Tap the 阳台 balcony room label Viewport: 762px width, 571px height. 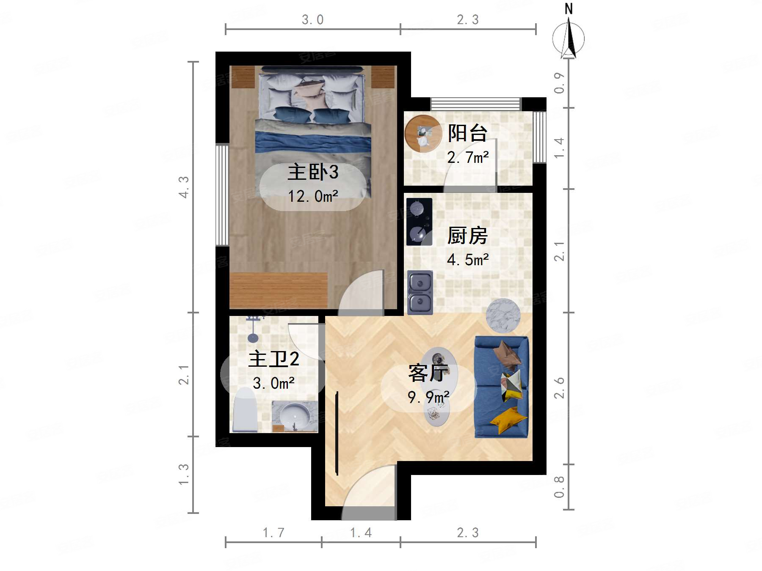click(x=468, y=133)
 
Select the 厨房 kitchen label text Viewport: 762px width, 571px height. click(x=468, y=236)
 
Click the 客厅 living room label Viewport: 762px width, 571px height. click(x=428, y=373)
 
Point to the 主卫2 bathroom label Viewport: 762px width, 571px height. click(x=274, y=359)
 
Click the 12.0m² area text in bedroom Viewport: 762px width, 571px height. click(x=313, y=196)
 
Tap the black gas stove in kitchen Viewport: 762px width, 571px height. click(x=419, y=222)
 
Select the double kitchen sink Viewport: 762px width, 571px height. click(x=420, y=292)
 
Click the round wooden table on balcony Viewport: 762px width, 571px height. click(x=423, y=134)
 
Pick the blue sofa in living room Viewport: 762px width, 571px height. click(x=502, y=387)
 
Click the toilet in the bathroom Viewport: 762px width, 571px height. click(x=245, y=410)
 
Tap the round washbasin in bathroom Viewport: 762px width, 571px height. click(x=295, y=416)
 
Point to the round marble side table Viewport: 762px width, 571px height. click(x=503, y=316)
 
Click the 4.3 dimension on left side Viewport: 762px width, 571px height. click(x=183, y=187)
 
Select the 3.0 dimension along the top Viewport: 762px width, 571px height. click(x=312, y=19)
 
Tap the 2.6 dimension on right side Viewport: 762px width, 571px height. click(x=559, y=388)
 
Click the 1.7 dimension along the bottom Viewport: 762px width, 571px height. click(x=273, y=533)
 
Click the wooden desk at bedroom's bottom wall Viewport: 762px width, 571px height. click(x=279, y=290)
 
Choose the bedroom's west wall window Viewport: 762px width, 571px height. click(x=222, y=195)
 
